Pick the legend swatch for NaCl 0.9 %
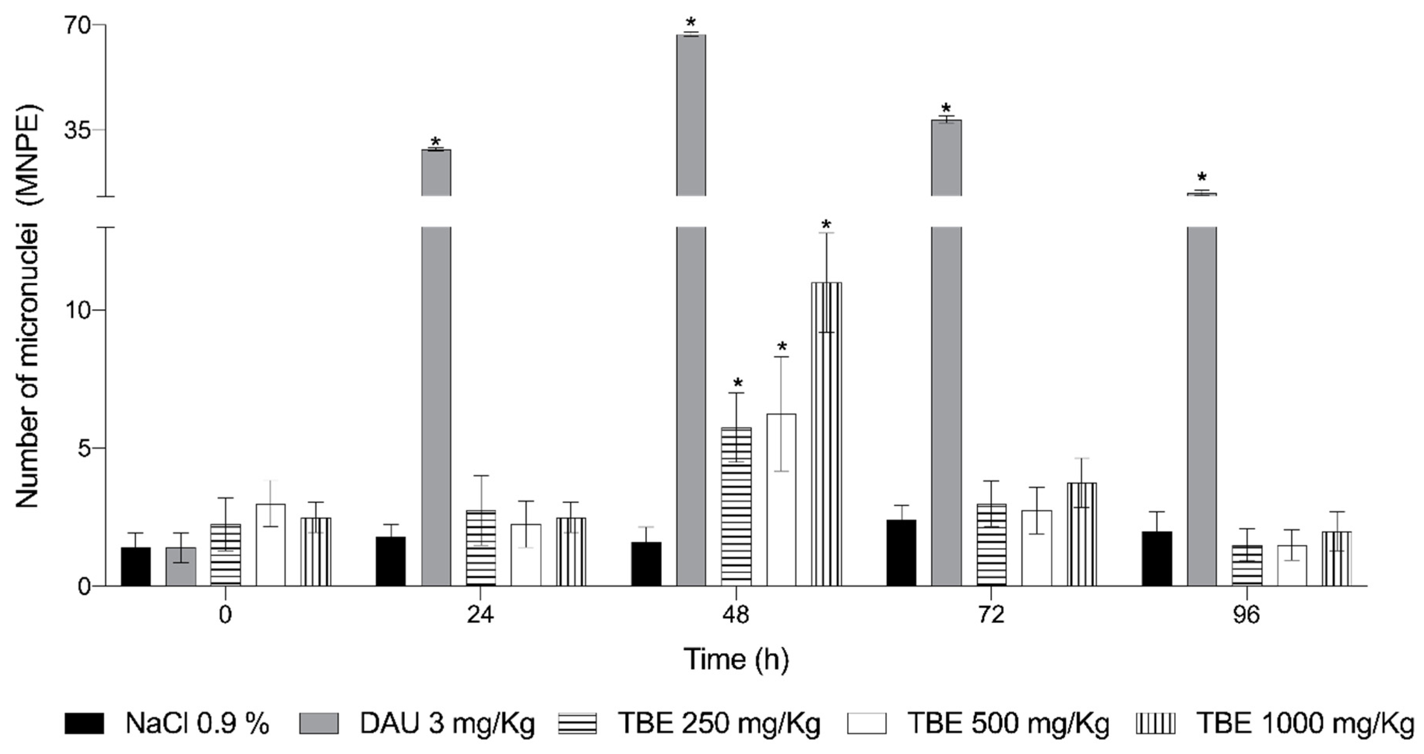pyautogui.click(x=84, y=724)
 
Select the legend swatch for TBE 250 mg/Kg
pyautogui.click(x=577, y=724)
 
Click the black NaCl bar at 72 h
pyautogui.click(x=901, y=553)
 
